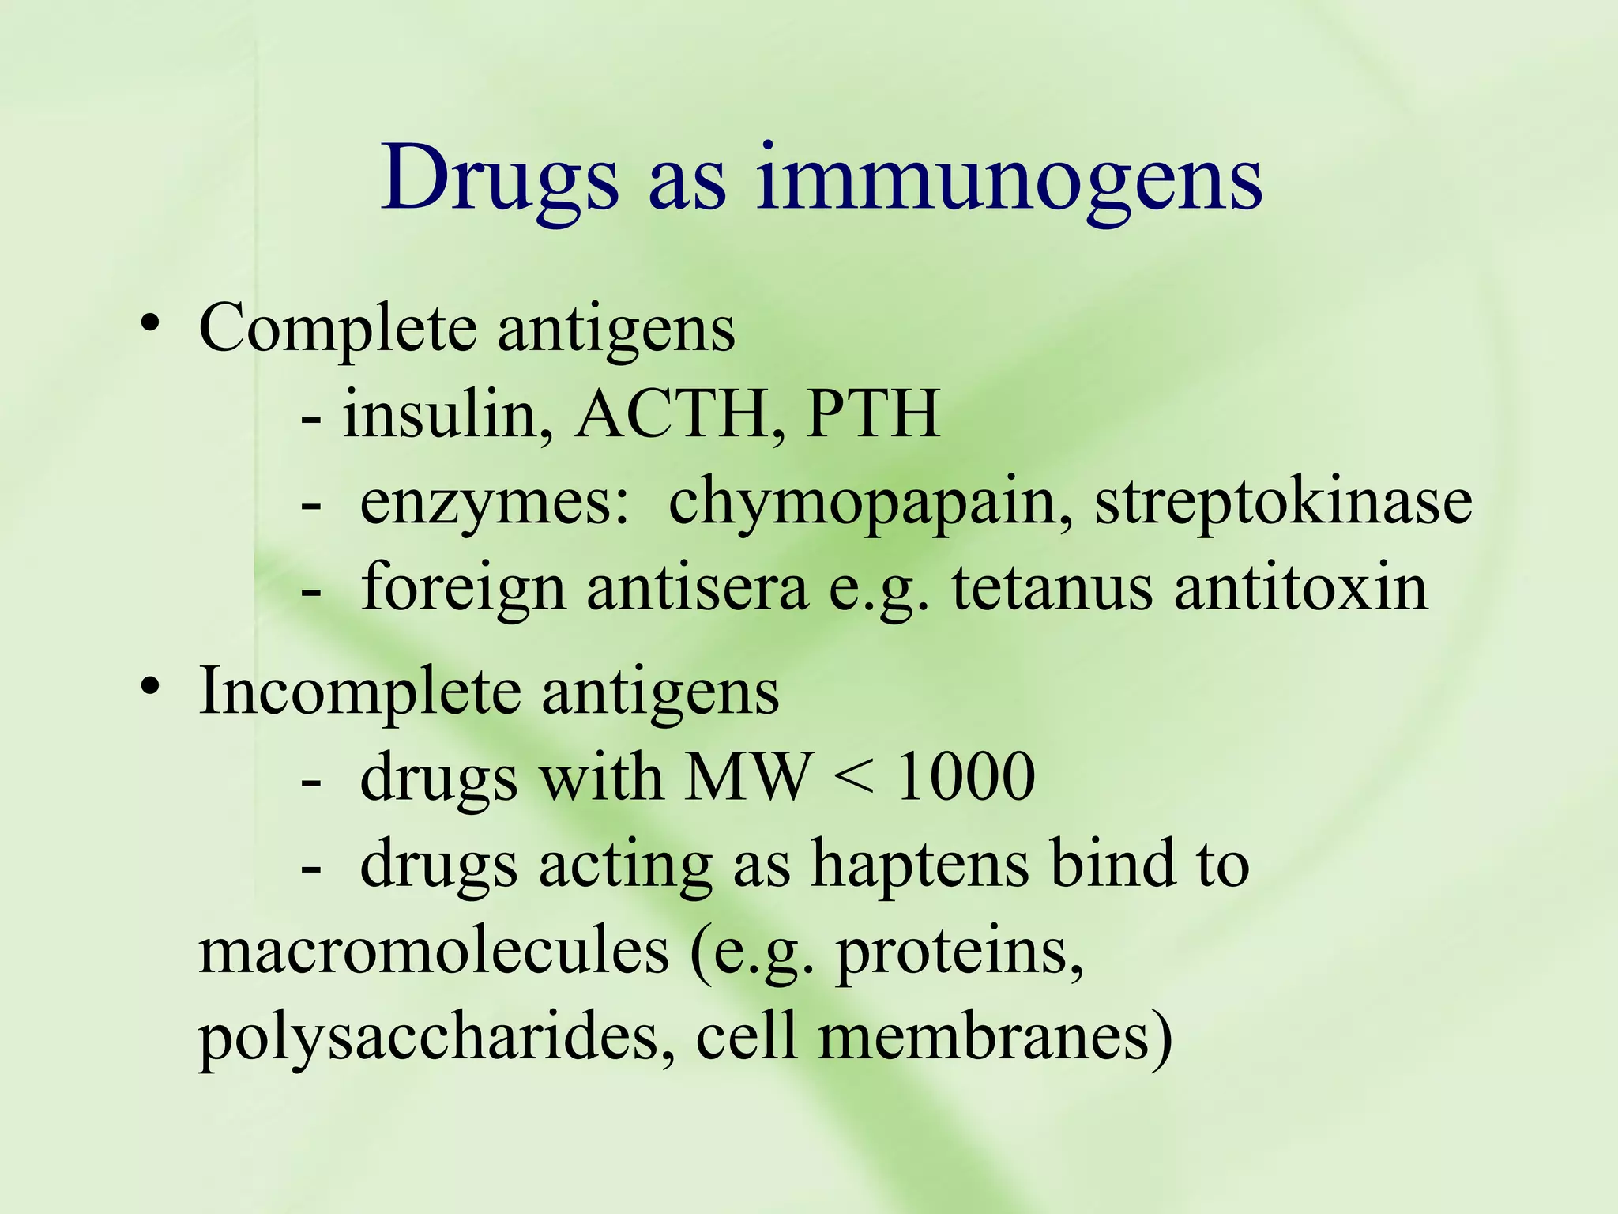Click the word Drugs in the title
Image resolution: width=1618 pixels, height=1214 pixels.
tap(499, 180)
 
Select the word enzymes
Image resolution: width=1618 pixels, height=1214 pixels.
tap(495, 503)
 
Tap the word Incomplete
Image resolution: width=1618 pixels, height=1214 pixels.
tap(359, 691)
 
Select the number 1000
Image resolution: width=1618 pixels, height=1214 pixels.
tap(965, 778)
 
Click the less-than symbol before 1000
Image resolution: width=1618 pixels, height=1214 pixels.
tap(854, 778)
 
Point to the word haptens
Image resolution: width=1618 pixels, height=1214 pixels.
tap(921, 865)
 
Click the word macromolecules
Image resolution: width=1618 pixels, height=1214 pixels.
tap(434, 952)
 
